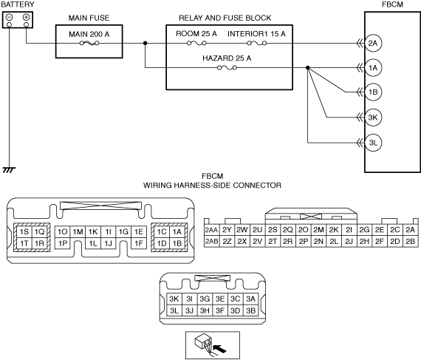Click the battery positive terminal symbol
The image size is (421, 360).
[x=26, y=18]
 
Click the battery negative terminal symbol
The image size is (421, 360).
[x=9, y=18]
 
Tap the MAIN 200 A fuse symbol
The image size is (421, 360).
[x=89, y=43]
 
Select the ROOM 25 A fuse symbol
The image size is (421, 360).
[x=196, y=43]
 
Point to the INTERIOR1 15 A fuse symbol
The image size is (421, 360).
[x=257, y=43]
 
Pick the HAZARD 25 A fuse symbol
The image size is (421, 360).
[x=227, y=68]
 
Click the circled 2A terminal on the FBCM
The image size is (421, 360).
[x=373, y=43]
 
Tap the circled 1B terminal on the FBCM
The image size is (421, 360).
[x=373, y=92]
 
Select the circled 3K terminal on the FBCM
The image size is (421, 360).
[x=373, y=118]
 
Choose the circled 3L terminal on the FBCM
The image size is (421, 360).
[x=373, y=143]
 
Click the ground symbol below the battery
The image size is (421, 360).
[x=9, y=170]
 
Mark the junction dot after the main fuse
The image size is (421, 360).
[x=146, y=43]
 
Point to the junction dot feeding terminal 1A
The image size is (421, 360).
[x=308, y=68]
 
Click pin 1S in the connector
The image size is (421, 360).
[x=24, y=231]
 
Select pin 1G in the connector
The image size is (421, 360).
[x=123, y=231]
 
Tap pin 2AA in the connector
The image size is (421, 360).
[x=211, y=230]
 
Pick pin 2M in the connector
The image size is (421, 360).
[x=318, y=230]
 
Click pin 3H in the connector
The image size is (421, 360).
[x=205, y=310]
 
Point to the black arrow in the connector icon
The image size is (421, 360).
[x=220, y=349]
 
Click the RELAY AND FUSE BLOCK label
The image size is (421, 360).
[x=225, y=18]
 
